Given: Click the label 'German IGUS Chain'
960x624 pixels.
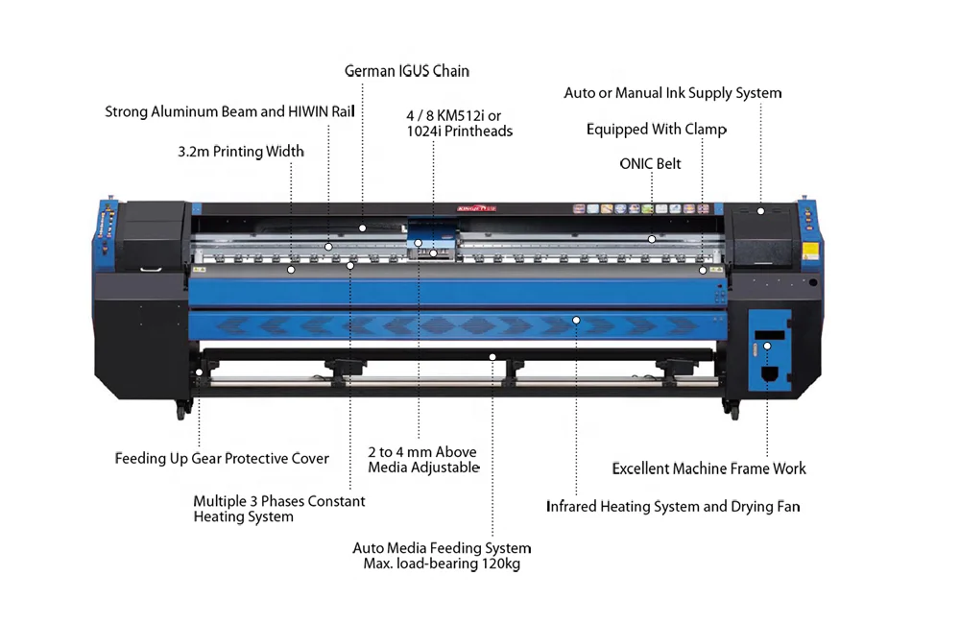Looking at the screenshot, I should pos(407,71).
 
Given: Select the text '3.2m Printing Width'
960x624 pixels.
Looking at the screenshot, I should pos(241,152).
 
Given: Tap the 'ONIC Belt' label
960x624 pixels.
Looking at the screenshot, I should pos(650,164).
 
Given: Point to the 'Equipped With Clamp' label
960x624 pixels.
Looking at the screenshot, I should pos(657,130).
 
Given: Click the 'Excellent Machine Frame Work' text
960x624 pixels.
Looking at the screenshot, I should pos(709,468).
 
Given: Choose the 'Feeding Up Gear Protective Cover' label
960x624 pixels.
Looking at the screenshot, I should pos(222,459).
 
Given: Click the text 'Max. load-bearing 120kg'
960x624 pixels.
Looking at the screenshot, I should pos(442,564).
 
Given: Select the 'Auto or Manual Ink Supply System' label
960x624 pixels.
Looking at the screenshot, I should pos(673,93).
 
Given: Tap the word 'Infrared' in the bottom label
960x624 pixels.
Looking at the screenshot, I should pos(571,507).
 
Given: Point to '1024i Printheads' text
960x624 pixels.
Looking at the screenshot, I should pos(460,132).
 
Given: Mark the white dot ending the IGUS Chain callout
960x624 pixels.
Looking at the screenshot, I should pos(363,228).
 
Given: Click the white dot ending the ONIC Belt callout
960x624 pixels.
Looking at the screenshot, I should pos(651,238).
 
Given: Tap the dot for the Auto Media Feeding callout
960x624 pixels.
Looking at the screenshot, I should pos(492,357).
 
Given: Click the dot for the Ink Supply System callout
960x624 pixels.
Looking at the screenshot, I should pos(760,211).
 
